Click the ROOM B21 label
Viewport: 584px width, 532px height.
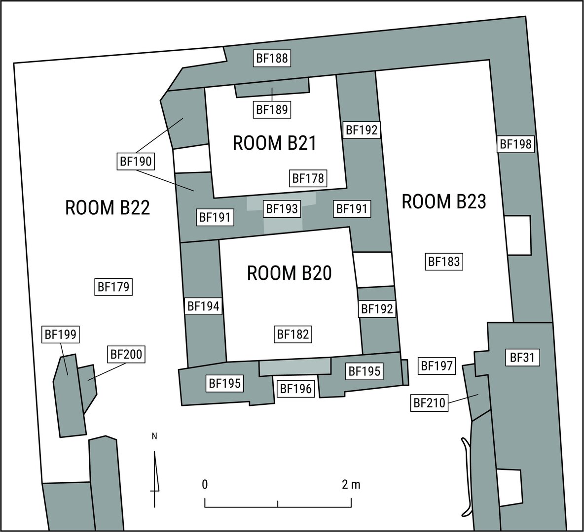click(x=275, y=143)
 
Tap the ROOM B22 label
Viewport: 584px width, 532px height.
click(x=108, y=207)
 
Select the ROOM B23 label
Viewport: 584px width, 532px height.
click(x=444, y=201)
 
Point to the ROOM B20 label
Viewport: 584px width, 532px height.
click(x=290, y=273)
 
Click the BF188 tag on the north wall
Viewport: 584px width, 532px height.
click(x=272, y=59)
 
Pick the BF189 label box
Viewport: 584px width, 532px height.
click(x=272, y=110)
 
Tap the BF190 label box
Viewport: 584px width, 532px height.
click(x=136, y=162)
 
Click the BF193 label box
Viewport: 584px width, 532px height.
click(x=282, y=209)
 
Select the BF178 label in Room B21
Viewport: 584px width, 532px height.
click(x=308, y=178)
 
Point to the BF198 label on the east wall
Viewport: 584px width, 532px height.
click(x=515, y=144)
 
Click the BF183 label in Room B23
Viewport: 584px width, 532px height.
click(x=444, y=262)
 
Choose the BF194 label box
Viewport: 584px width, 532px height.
click(x=203, y=306)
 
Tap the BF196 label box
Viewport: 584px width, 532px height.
click(x=296, y=389)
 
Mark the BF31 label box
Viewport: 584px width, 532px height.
click(x=522, y=358)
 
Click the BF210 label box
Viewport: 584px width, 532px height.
click(x=430, y=402)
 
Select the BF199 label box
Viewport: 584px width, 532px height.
click(x=61, y=334)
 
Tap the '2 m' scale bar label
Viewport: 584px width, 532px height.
click(x=351, y=484)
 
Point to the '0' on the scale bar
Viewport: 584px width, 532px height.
click(x=205, y=484)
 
